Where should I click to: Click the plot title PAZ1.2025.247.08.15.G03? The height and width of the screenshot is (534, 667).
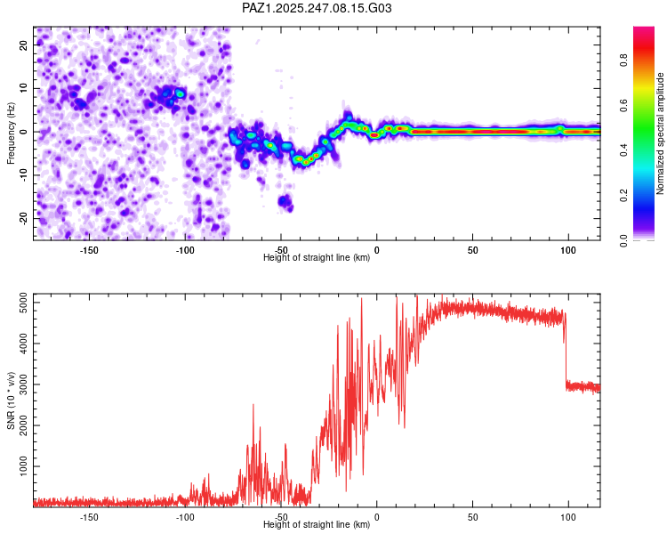[x=317, y=8]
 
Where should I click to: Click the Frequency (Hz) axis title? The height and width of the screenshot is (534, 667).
[x=11, y=133]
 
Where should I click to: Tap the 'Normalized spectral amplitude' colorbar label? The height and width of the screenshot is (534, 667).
[x=660, y=133]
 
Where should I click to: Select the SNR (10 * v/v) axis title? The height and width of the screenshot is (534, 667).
[x=11, y=400]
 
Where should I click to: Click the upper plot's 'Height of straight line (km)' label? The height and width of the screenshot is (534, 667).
[x=317, y=257]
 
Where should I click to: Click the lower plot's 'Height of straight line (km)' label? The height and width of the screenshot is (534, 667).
[x=317, y=524]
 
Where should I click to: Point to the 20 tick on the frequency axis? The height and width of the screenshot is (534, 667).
[x=24, y=44]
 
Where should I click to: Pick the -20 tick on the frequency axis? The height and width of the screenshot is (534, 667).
[x=24, y=219]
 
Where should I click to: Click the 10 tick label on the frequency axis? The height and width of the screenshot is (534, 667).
[x=24, y=88]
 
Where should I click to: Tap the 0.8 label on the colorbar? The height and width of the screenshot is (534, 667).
[x=623, y=60]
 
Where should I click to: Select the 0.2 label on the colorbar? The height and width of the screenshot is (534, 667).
[x=623, y=196]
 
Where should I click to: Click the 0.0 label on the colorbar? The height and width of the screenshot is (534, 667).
[x=623, y=240]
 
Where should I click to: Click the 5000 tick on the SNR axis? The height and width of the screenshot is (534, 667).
[x=24, y=303]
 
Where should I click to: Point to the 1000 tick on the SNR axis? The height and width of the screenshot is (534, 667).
[x=24, y=466]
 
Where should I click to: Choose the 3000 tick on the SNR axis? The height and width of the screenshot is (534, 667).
[x=24, y=384]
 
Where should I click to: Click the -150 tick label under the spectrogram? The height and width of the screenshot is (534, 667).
[x=88, y=250]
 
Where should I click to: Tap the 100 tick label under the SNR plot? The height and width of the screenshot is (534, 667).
[x=568, y=517]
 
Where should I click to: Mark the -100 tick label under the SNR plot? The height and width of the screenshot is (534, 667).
[x=185, y=517]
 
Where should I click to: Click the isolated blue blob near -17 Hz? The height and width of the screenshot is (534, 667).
[x=285, y=202]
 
